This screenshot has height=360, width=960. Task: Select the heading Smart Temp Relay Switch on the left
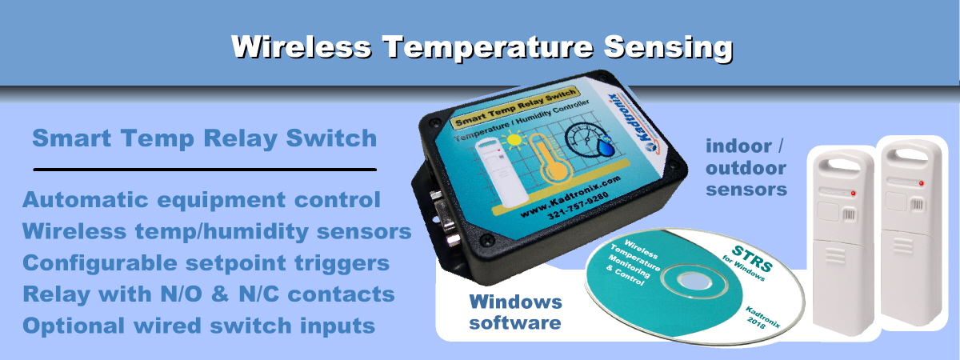click(204, 138)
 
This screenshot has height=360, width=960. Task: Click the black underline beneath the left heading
click(205, 170)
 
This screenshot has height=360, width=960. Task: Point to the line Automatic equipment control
click(202, 199)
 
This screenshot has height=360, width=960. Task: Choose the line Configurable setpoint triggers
click(206, 262)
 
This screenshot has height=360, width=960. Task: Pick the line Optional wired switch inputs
click(199, 326)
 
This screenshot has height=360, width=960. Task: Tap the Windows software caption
click(514, 313)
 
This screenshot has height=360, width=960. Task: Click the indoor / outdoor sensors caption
click(746, 168)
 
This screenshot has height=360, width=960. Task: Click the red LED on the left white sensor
click(854, 194)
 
